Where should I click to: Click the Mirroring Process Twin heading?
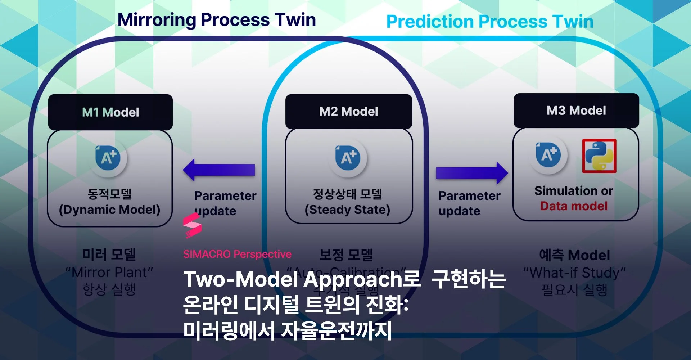[216, 20]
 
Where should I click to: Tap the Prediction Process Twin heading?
[489, 22]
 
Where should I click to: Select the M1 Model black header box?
[110, 112]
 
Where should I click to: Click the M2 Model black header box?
[348, 111]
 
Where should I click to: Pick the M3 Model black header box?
[576, 110]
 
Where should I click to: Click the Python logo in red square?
[599, 156]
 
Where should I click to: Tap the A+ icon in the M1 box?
[108, 158]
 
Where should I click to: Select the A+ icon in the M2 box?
[348, 158]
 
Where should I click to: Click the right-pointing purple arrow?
[471, 173]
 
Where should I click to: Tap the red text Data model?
[574, 206]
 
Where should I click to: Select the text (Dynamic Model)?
[109, 210]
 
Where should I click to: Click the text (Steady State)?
[347, 210]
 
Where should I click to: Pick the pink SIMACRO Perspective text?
[237, 254]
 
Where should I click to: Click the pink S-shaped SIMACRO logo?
[192, 225]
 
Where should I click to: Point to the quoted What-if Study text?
[574, 273]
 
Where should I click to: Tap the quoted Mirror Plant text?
[109, 272]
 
